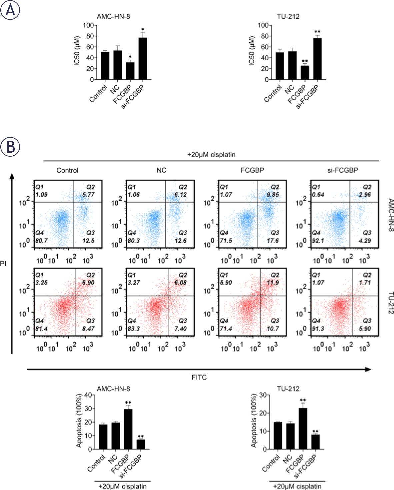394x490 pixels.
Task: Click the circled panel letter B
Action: pyautogui.click(x=10, y=147)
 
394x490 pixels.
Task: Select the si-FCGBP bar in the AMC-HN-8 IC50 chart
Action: pyautogui.click(x=143, y=59)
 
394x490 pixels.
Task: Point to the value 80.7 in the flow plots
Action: pyautogui.click(x=41, y=240)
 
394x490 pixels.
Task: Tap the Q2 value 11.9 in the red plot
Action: pyautogui.click(x=275, y=282)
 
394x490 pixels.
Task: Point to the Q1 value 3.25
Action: pyautogui.click(x=41, y=282)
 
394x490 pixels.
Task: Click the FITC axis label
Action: pyautogui.click(x=199, y=377)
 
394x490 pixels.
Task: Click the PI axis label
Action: pyautogui.click(x=4, y=263)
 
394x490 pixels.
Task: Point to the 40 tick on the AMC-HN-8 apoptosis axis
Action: pyautogui.click(x=88, y=395)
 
